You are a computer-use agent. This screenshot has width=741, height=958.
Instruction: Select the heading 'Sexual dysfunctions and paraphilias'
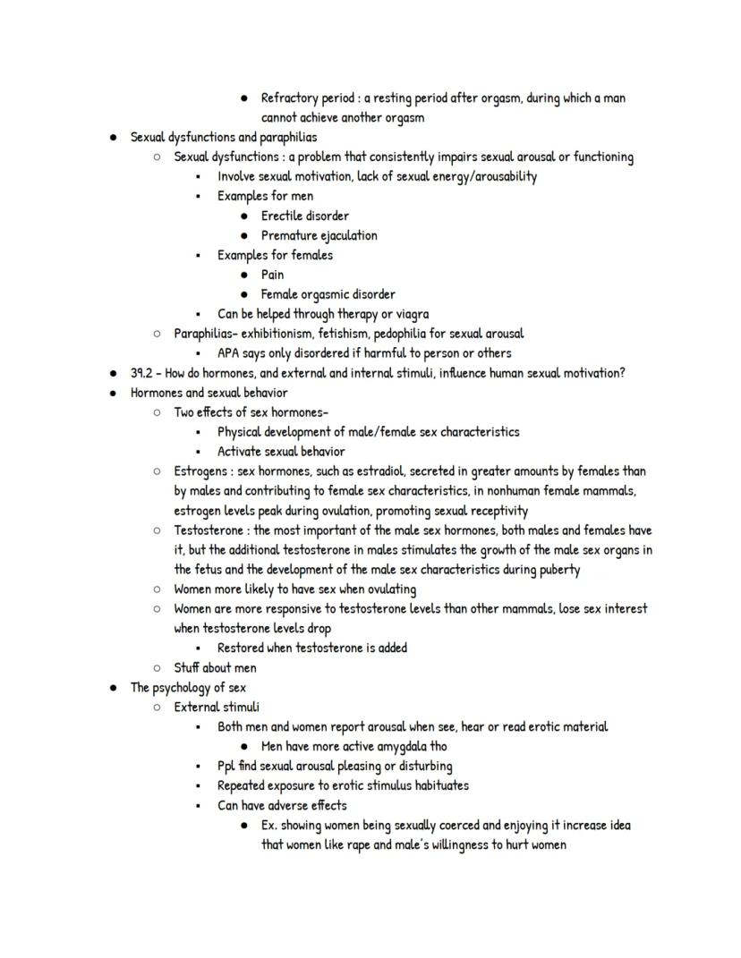pyautogui.click(x=223, y=137)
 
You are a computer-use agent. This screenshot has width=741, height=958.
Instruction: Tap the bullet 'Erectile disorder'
pyautogui.click(x=304, y=216)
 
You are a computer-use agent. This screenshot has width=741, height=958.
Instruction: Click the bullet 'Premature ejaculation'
pyautogui.click(x=319, y=235)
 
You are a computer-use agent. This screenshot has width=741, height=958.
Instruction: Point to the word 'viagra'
pyautogui.click(x=410, y=314)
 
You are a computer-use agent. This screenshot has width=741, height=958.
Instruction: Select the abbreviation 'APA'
pyautogui.click(x=230, y=353)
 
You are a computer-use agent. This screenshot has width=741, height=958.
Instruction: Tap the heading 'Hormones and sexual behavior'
pyautogui.click(x=209, y=393)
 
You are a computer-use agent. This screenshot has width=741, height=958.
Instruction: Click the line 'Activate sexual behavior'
pyautogui.click(x=280, y=452)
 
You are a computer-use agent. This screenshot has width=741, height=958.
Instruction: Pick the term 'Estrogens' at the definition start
pyautogui.click(x=200, y=471)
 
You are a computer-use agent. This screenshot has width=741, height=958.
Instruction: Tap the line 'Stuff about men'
pyautogui.click(x=215, y=668)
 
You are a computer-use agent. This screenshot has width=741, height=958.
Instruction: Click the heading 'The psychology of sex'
pyautogui.click(x=188, y=688)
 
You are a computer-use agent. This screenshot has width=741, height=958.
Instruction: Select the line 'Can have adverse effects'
pyautogui.click(x=282, y=806)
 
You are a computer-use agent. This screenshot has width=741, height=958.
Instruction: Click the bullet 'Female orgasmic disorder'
pyautogui.click(x=328, y=294)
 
